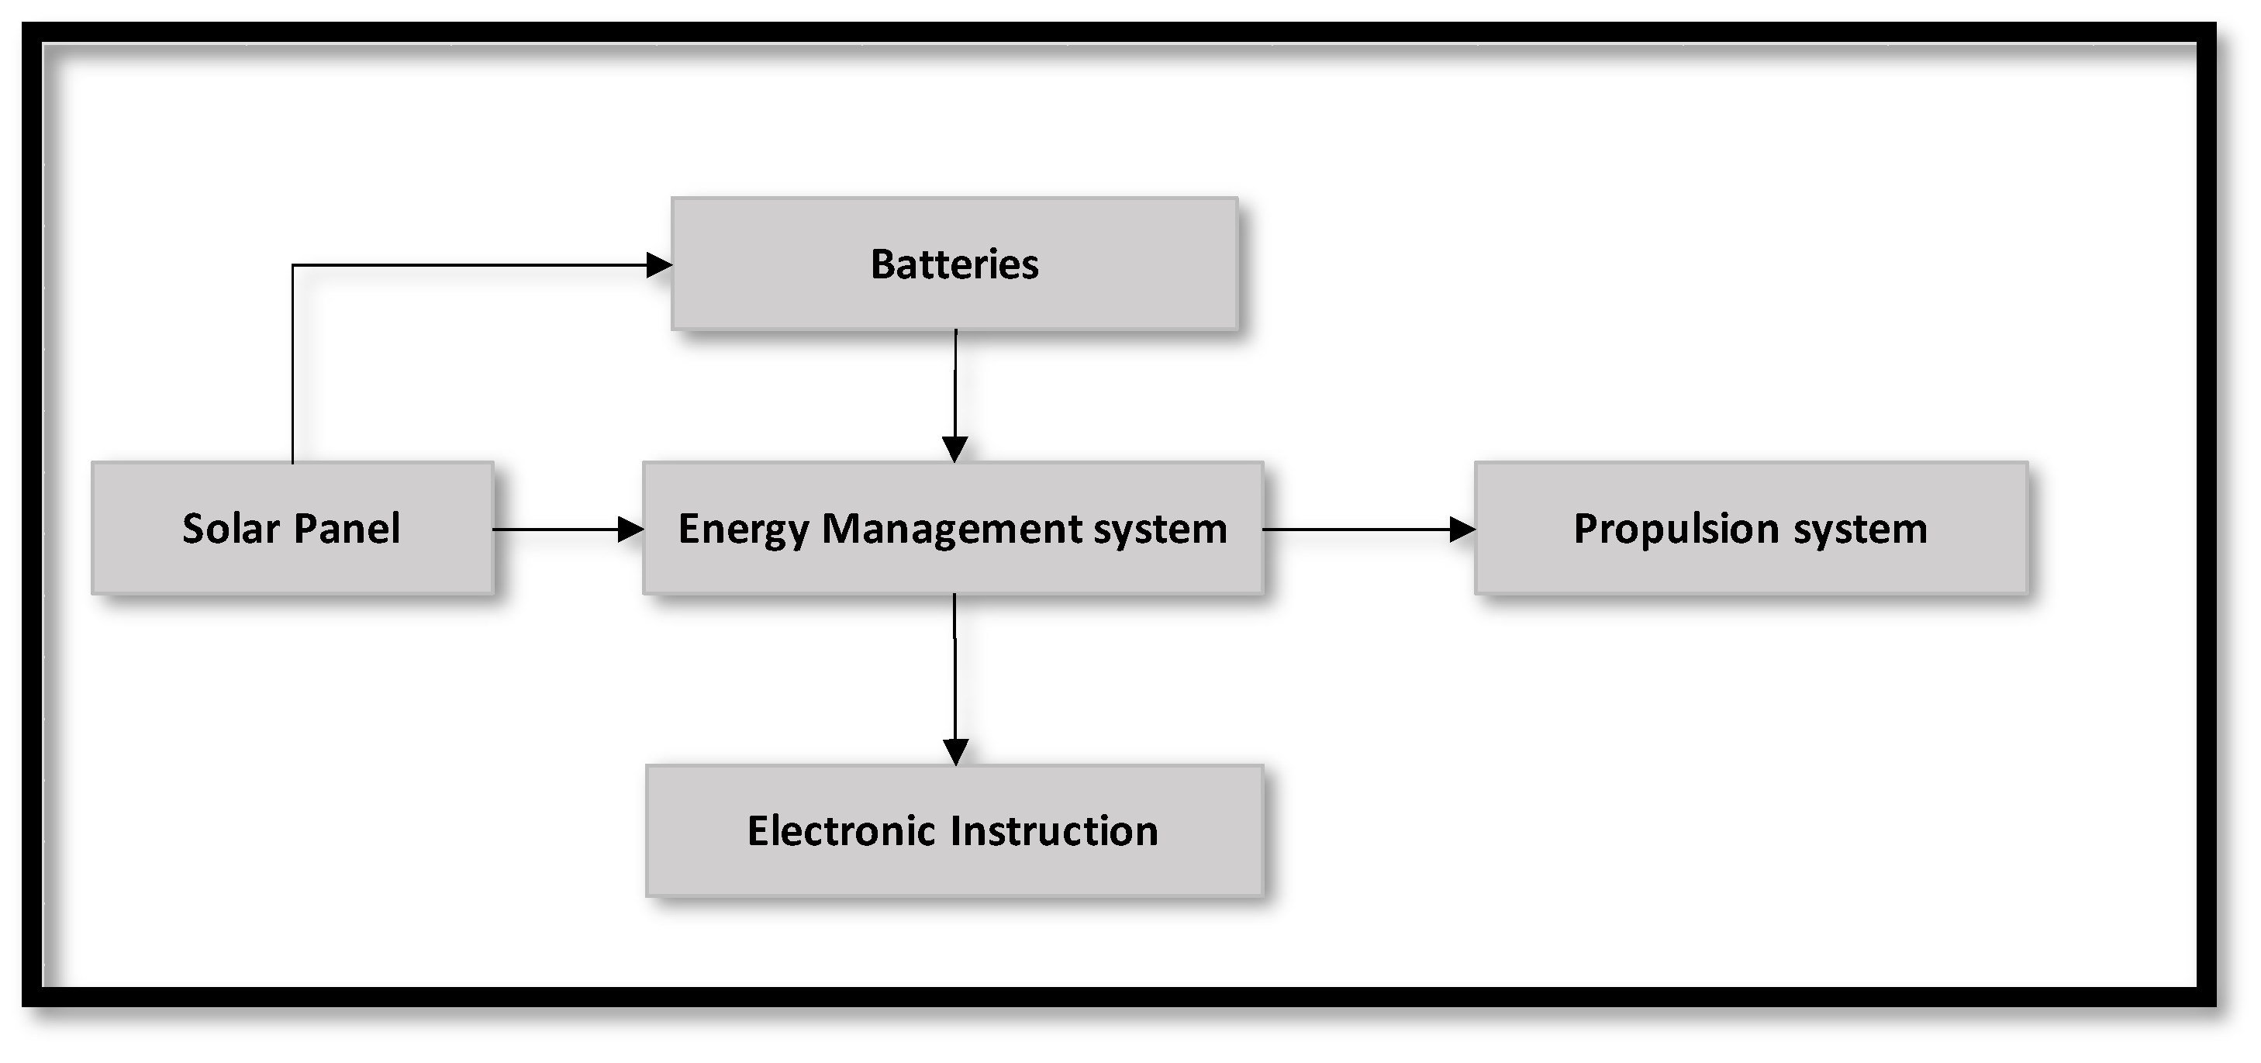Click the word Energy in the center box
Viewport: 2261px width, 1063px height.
(x=743, y=530)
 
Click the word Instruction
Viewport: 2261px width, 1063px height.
(x=1055, y=830)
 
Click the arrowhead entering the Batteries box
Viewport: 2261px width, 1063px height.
(x=659, y=264)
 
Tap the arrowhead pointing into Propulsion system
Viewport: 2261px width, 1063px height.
(x=1462, y=530)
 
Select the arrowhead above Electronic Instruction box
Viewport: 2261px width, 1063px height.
(x=955, y=752)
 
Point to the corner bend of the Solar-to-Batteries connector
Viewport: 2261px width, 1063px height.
(x=293, y=265)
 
